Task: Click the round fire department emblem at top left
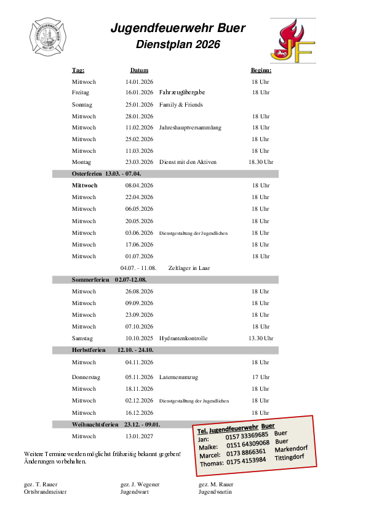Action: (47, 37)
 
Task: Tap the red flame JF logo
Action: (293, 41)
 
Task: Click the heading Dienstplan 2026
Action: (178, 44)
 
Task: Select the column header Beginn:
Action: (261, 70)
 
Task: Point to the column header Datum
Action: (139, 70)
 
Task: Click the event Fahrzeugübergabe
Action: (182, 92)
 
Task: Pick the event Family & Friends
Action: (181, 105)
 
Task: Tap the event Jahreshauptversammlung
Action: (190, 128)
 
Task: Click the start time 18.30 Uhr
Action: (261, 162)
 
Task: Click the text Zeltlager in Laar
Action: (189, 268)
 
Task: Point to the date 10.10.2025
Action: (139, 338)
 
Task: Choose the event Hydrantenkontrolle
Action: (183, 338)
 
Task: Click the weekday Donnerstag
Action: (86, 377)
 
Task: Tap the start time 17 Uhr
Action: (261, 377)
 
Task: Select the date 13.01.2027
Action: (139, 436)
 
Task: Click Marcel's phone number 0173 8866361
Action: (246, 452)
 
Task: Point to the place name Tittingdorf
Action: (289, 457)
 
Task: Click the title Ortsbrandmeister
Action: (46, 492)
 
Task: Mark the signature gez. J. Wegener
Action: (140, 484)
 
